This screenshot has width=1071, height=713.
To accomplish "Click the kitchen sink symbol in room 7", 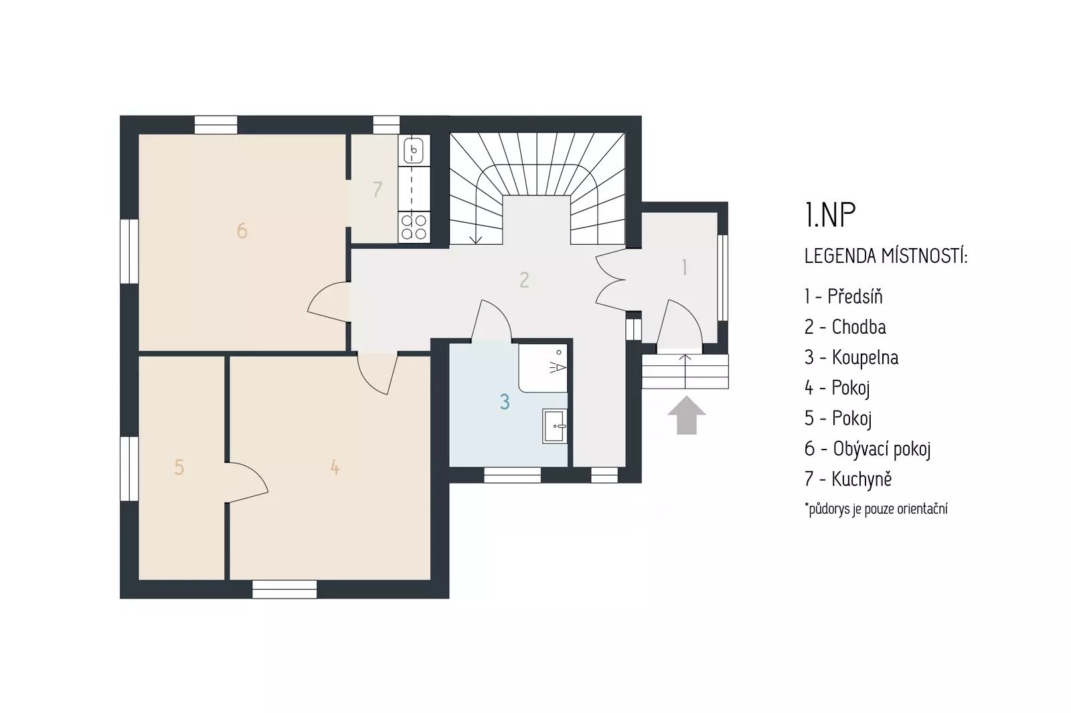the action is pyautogui.click(x=414, y=150).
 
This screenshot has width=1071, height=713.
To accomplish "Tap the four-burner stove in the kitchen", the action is pyautogui.click(x=414, y=227).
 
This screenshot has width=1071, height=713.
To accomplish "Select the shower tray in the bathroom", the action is pyautogui.click(x=543, y=368).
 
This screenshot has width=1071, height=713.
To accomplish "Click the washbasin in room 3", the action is pyautogui.click(x=555, y=426).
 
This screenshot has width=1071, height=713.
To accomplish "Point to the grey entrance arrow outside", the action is pyautogui.click(x=687, y=415).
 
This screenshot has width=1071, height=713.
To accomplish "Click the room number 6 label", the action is pyautogui.click(x=242, y=231).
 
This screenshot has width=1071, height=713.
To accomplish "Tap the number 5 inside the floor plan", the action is pyautogui.click(x=179, y=468).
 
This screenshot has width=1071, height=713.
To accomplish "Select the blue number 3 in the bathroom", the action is pyautogui.click(x=505, y=402).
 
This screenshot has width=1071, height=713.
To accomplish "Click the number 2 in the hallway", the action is pyautogui.click(x=524, y=280).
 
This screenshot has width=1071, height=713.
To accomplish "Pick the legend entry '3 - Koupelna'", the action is pyautogui.click(x=851, y=357).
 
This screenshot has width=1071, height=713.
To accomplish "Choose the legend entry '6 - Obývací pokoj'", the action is pyautogui.click(x=868, y=449).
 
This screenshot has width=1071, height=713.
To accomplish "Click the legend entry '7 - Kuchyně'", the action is pyautogui.click(x=847, y=479).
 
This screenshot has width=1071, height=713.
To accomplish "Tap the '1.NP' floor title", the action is pyautogui.click(x=829, y=215).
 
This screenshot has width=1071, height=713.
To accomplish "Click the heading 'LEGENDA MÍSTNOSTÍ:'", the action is pyautogui.click(x=886, y=256).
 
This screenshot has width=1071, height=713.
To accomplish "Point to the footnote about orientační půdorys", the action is pyautogui.click(x=876, y=509).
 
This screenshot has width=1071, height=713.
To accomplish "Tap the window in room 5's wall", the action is pyautogui.click(x=129, y=469).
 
